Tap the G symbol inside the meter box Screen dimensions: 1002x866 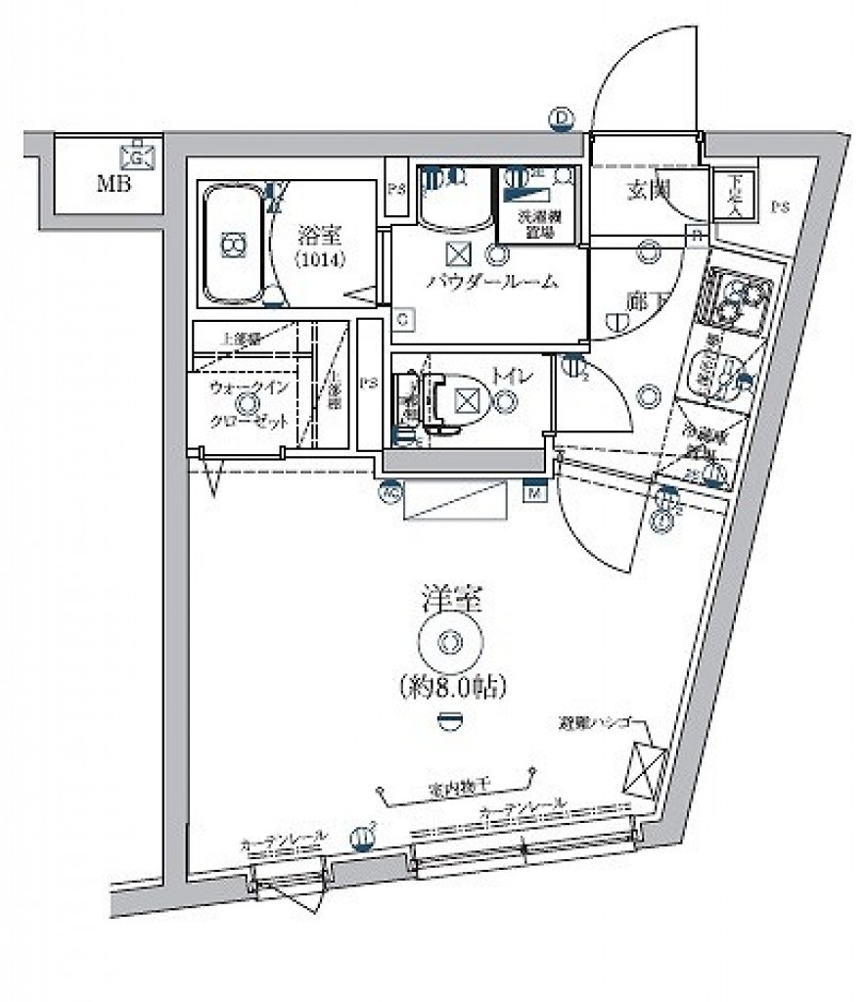(x=137, y=156)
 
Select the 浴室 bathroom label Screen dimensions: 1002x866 (x=314, y=235)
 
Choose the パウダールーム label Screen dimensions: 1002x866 (x=492, y=282)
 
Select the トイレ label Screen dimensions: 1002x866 (x=505, y=373)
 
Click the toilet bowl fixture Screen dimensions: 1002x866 (x=460, y=400)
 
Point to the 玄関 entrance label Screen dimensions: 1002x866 (x=646, y=191)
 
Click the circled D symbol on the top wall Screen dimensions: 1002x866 (x=561, y=118)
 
